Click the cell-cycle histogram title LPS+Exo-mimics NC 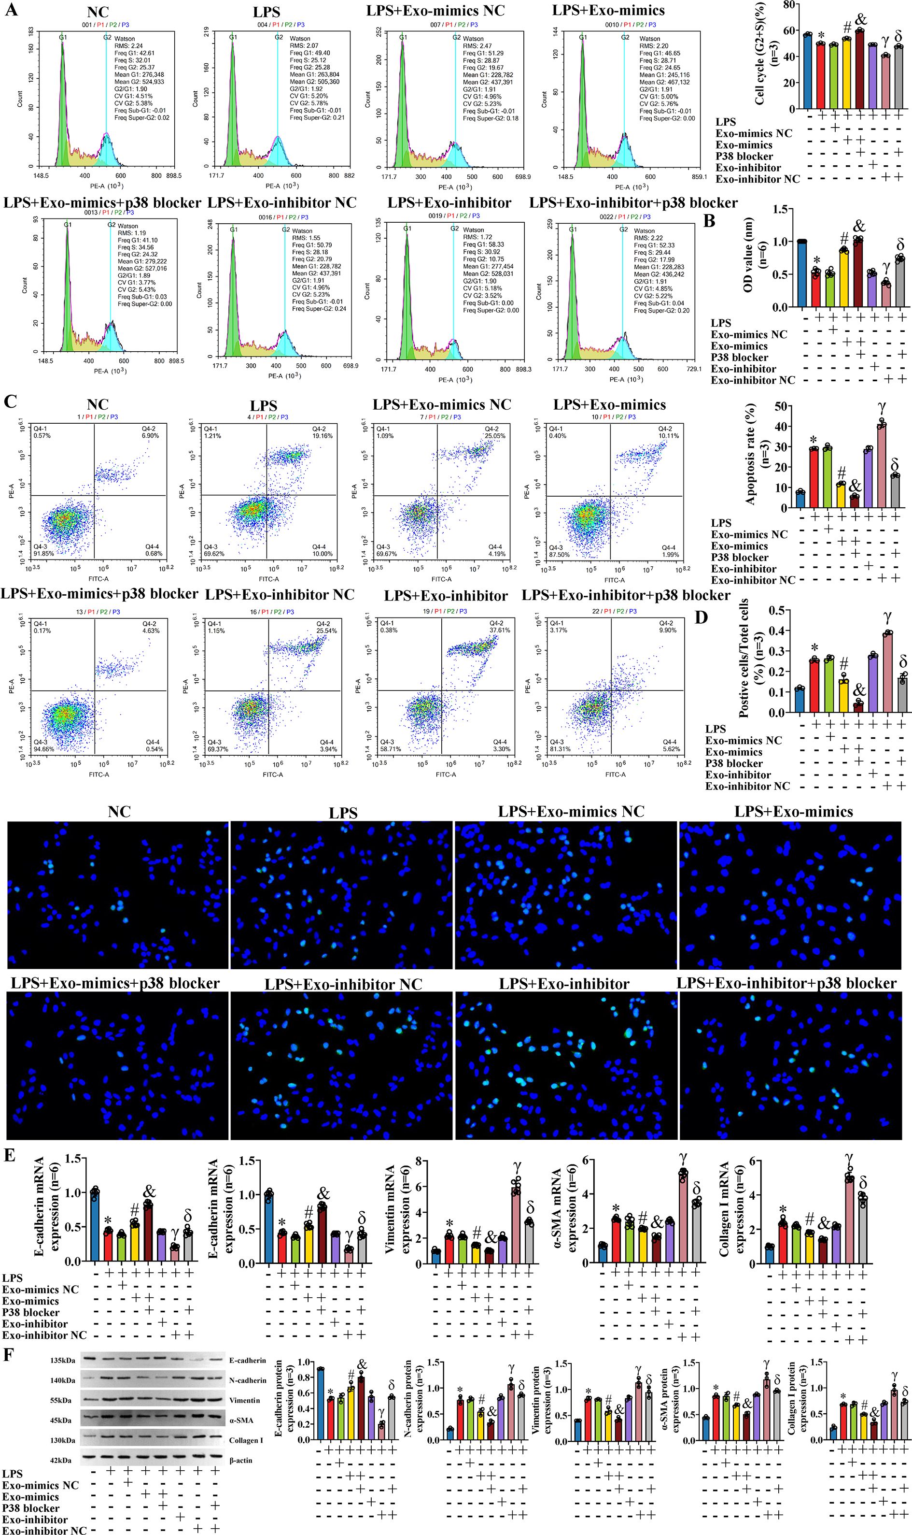(435, 11)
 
